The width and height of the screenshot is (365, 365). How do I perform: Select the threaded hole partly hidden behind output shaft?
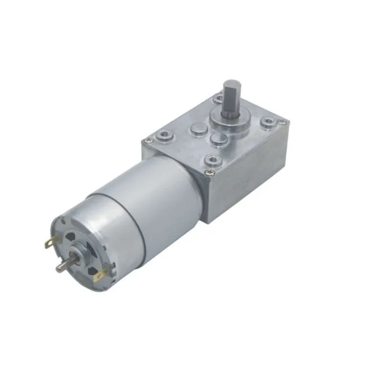pyautogui.click(x=217, y=99)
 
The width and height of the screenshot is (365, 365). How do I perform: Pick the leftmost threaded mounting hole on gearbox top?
pyautogui.click(x=165, y=135)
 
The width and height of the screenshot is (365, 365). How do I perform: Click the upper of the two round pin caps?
pyautogui.click(x=197, y=130)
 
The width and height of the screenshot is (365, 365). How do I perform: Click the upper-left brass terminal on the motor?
pyautogui.click(x=49, y=244)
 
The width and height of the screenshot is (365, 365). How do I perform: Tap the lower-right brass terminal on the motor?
pyautogui.click(x=99, y=275)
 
